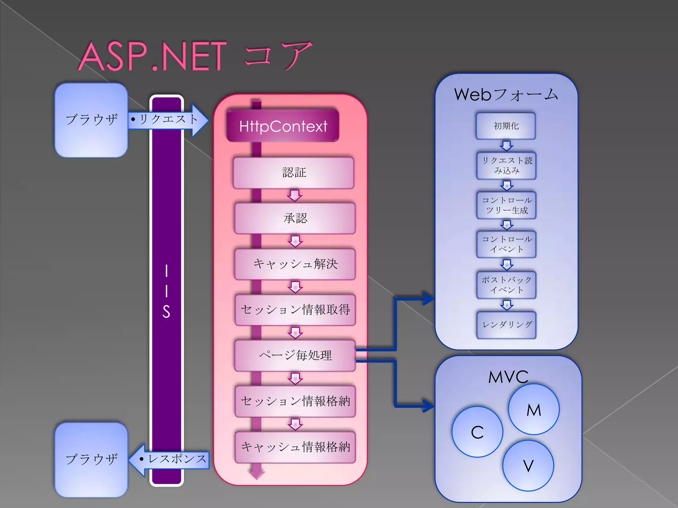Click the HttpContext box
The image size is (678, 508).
tap(283, 126)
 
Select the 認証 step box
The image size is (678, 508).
tap(294, 173)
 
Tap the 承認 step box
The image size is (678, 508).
tap(295, 218)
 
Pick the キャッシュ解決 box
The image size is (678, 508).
tap(295, 264)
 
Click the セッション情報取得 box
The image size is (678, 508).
tap(295, 310)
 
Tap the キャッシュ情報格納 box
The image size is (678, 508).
tap(295, 447)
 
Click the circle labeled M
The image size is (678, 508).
tap(534, 409)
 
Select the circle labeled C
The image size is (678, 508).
tap(477, 432)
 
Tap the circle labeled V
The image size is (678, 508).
tap(528, 466)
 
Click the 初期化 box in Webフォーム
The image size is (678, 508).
tap(506, 126)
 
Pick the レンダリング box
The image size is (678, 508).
tap(507, 325)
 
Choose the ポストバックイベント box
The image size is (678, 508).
tap(507, 285)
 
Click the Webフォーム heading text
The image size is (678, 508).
tap(506, 95)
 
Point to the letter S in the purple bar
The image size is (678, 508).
tap(166, 312)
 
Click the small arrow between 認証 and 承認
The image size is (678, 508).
tap(294, 195)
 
